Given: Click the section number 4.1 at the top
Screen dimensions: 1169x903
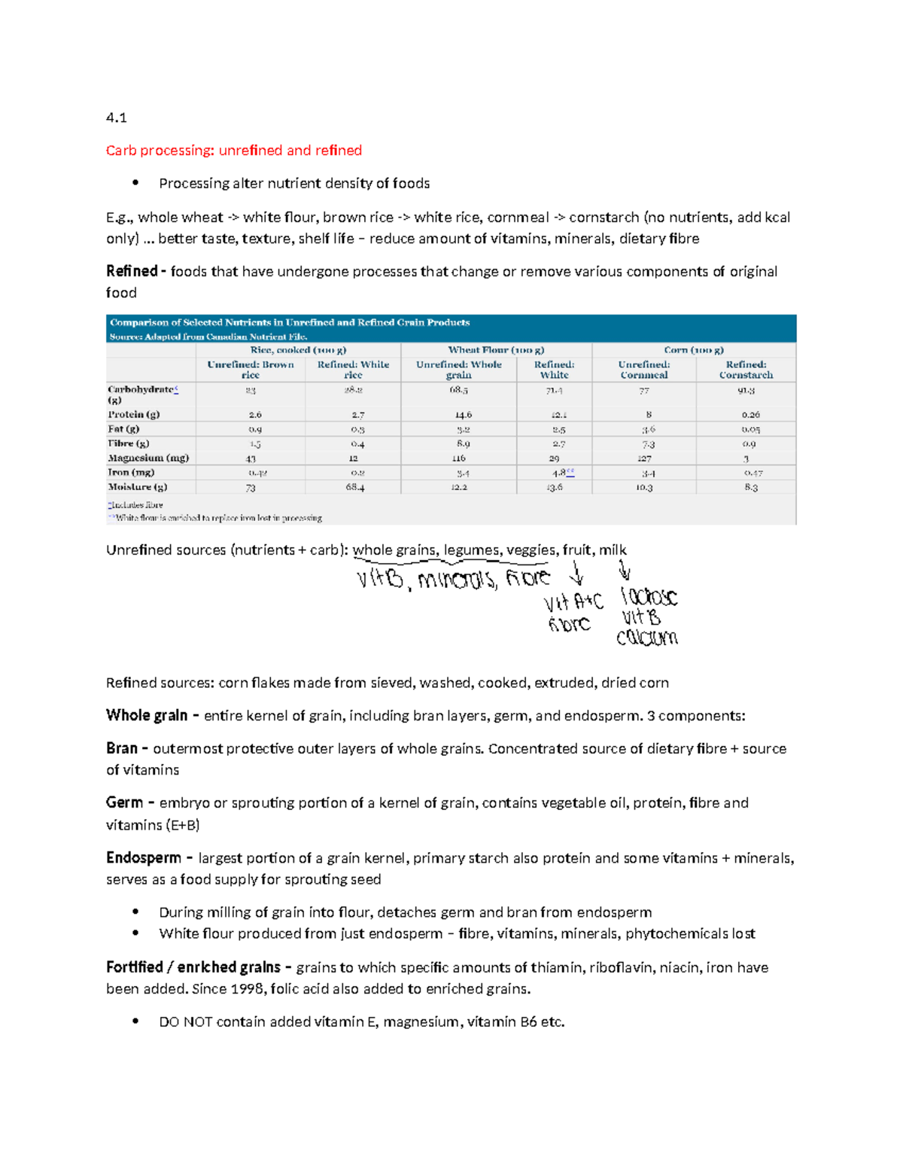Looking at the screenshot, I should pyautogui.click(x=116, y=117).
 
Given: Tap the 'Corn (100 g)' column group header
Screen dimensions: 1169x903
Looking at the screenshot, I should pyautogui.click(x=693, y=350).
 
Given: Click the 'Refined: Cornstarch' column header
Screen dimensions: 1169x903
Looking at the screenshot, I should pyautogui.click(x=745, y=370).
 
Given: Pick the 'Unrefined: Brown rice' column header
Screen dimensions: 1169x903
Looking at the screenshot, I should pyautogui.click(x=251, y=370).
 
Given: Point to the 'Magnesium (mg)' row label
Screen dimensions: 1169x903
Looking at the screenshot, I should pyautogui.click(x=148, y=458).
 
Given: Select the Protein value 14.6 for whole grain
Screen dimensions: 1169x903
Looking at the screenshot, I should pyautogui.click(x=458, y=415).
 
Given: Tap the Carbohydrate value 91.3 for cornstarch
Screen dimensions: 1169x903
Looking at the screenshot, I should pyautogui.click(x=746, y=391).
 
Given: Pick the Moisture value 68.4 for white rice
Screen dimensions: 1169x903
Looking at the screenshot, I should pyautogui.click(x=353, y=488).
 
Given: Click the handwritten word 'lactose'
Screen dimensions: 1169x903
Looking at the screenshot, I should pyautogui.click(x=649, y=598).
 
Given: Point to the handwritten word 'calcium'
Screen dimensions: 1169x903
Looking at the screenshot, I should pyautogui.click(x=647, y=638).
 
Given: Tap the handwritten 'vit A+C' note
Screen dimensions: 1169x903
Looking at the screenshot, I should pyautogui.click(x=573, y=602).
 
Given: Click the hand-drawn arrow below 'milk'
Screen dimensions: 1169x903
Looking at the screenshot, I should pyautogui.click(x=624, y=570).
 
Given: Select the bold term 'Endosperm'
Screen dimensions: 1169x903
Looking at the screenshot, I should pyautogui.click(x=144, y=858).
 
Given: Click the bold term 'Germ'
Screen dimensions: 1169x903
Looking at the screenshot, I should pyautogui.click(x=124, y=803).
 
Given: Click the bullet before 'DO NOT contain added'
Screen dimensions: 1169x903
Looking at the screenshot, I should pyautogui.click(x=135, y=1021).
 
